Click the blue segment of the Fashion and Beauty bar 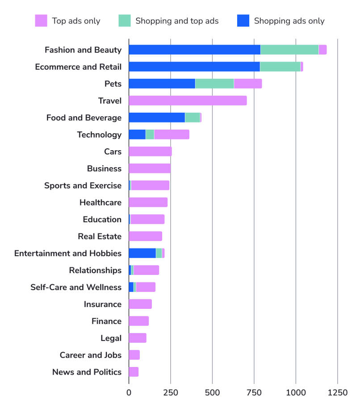(194, 50)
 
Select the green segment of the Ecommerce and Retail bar (280, 67)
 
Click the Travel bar (188, 101)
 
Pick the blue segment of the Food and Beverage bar (157, 118)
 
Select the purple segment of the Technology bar (172, 135)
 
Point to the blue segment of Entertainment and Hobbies (142, 253)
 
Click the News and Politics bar (134, 372)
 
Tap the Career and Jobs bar (134, 355)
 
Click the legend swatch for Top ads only (41, 21)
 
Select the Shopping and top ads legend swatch (125, 21)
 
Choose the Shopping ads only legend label (289, 21)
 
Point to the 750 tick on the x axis (254, 393)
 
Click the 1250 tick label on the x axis (337, 393)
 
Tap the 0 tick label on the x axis (129, 393)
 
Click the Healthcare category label (100, 202)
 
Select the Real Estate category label (100, 236)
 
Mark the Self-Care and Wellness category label (76, 287)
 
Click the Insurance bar (140, 304)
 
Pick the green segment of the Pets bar (214, 84)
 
